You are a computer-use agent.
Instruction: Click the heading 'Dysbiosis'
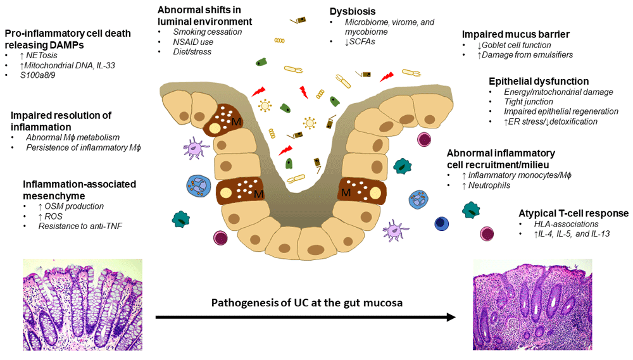tap(353, 11)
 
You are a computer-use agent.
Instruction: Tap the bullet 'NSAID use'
tap(193, 42)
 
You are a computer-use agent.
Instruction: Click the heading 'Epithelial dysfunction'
tap(539, 81)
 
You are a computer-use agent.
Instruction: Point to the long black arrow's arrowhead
tap(451, 316)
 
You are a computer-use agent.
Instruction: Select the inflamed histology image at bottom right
tap(532, 304)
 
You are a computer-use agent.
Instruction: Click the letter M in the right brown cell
tap(346, 192)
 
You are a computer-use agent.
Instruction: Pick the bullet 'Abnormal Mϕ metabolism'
tap(72, 137)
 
